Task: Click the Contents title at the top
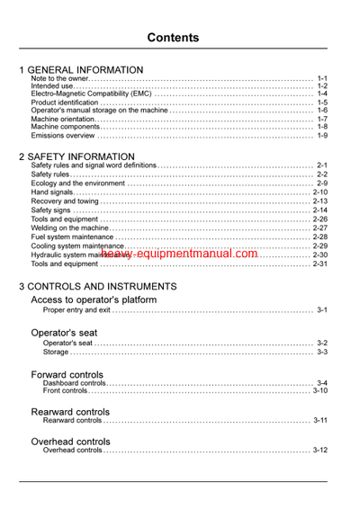(179, 38)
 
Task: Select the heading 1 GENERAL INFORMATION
(81, 70)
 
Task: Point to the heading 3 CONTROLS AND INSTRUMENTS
(98, 286)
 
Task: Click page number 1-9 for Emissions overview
(321, 136)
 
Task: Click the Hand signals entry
(51, 192)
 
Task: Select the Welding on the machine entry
(72, 228)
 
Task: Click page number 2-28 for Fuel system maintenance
(319, 237)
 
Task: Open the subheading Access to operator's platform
(94, 299)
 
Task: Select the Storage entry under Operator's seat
(58, 352)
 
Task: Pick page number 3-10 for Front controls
(319, 390)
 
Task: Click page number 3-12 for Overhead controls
(319, 450)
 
